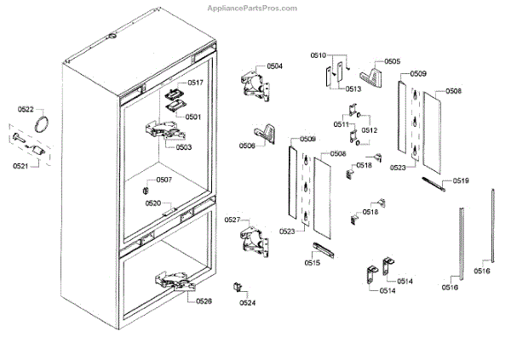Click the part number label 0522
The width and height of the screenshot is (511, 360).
pyautogui.click(x=26, y=110)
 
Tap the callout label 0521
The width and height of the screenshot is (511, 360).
pyautogui.click(x=20, y=166)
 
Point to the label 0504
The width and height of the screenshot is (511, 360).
pyautogui.click(x=274, y=66)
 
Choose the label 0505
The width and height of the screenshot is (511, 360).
pyautogui.click(x=392, y=61)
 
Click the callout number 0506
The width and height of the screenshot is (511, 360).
pyautogui.click(x=247, y=146)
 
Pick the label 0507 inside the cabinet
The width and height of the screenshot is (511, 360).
pyautogui.click(x=163, y=180)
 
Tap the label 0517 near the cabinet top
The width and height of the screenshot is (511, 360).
pyautogui.click(x=195, y=83)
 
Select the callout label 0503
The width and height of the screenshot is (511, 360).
pyautogui.click(x=184, y=147)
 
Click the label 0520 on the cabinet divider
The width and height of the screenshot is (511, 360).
pyautogui.click(x=153, y=203)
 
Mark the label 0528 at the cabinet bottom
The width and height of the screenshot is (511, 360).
pyautogui.click(x=204, y=300)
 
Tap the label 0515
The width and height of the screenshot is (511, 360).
pyautogui.click(x=311, y=264)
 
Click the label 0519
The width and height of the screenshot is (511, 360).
pyautogui.click(x=461, y=180)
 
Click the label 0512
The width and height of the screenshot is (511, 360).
pyautogui.click(x=370, y=130)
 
